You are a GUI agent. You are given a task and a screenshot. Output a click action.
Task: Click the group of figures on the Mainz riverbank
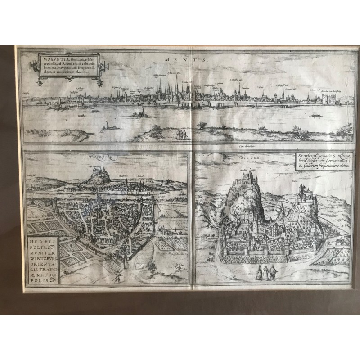(x=180, y=134)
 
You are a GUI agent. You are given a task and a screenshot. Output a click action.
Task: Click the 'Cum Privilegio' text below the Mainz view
(x=243, y=145)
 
